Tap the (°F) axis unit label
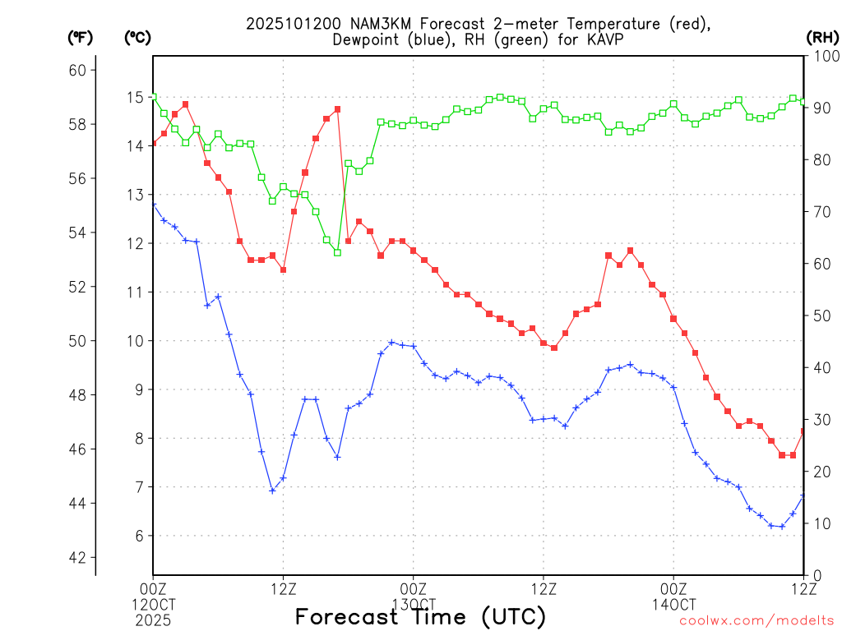coord(80,38)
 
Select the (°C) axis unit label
coord(137,38)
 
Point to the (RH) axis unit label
coord(822,38)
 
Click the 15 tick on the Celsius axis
coord(135,98)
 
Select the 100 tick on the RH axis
coord(823,56)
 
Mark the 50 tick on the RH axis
coord(820,315)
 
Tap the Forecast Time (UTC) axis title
coord(420,616)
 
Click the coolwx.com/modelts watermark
coord(756,620)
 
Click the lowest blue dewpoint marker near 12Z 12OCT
coord(272,491)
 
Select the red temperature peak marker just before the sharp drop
coord(337,109)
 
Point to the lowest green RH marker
coord(337,252)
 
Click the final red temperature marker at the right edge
coord(803,431)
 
